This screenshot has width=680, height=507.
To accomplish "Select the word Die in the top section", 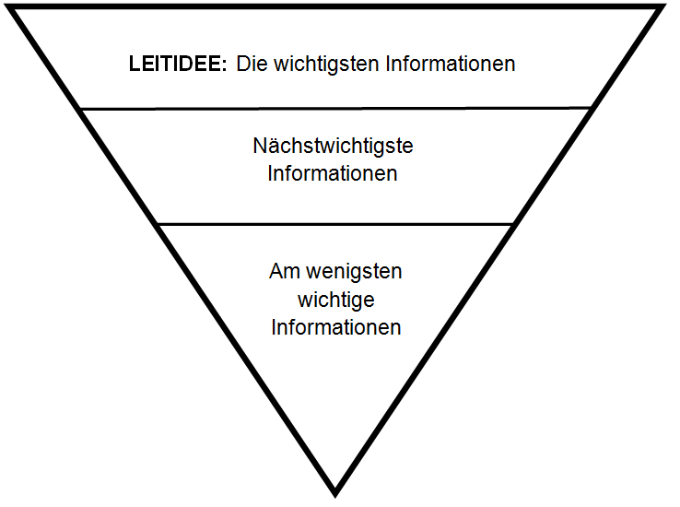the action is point(252,64).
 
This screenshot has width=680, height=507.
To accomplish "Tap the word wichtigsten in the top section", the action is point(326,65).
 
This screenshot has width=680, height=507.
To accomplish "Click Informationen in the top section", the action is point(451,64).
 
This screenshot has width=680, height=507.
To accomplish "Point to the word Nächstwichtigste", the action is point(333,147).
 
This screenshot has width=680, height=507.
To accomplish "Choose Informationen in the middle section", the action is point(333,173).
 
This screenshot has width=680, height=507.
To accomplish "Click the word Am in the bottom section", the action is point(285,272).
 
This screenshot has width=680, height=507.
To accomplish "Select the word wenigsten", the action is point(355,272).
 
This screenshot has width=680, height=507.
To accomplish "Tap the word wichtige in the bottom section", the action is point(336,301).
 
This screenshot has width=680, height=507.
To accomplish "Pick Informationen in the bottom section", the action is point(336,327).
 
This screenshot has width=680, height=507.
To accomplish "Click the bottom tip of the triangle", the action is point(335,496).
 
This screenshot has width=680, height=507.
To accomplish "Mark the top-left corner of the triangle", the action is point(10,6).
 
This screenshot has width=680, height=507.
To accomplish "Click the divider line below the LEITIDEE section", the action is point(335,108).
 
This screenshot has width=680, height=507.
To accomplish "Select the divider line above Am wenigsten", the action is point(335,224).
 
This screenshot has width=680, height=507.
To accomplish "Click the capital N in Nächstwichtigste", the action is point(259,147).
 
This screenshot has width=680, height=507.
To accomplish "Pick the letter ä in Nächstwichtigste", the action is point(273,147).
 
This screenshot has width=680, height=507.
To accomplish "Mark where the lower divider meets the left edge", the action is point(158,224).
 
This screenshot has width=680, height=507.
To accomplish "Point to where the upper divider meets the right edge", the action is point(591,108).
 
